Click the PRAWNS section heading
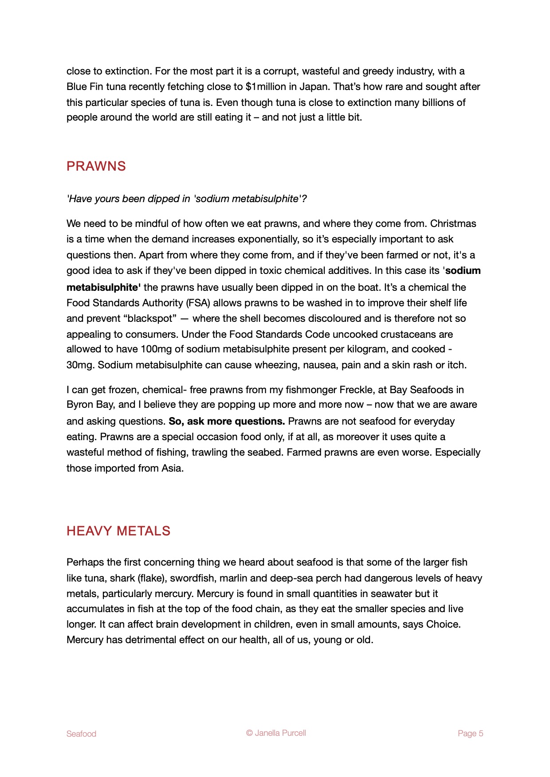(96, 166)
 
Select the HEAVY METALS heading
(118, 531)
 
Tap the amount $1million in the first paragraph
(265, 86)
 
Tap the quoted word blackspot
(150, 318)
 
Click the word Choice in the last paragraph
(443, 624)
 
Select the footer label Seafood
(81, 734)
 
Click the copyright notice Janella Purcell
(276, 733)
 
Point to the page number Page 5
(470, 734)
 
